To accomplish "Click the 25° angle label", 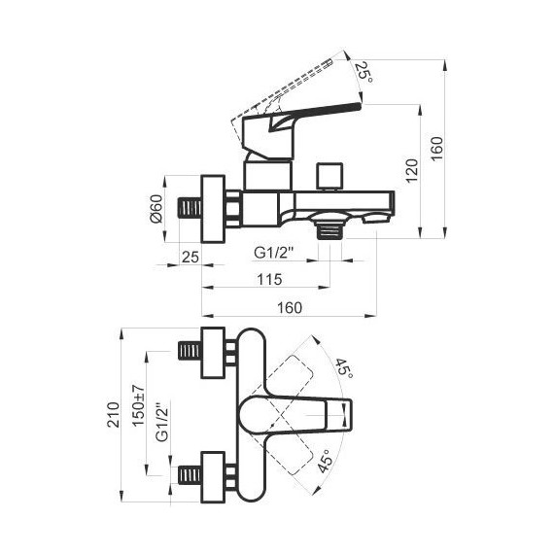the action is (x=364, y=73).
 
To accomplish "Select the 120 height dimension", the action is (x=412, y=171).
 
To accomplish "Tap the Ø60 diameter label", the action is (x=156, y=209).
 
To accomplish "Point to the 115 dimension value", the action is (x=269, y=280).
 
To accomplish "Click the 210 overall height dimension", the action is (x=114, y=415).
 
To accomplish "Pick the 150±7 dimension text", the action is (x=138, y=405).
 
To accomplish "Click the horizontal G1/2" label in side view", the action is (x=274, y=253).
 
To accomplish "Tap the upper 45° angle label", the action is (x=343, y=368).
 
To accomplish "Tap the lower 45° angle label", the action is (x=326, y=462).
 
